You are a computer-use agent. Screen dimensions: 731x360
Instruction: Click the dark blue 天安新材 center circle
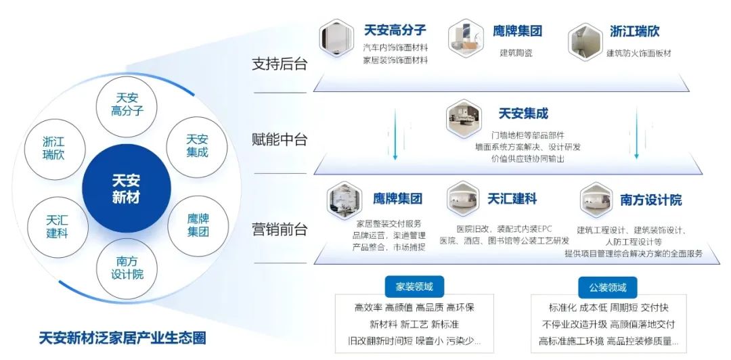coord(127,188)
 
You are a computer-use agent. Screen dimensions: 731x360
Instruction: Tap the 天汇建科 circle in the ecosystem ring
coord(58,227)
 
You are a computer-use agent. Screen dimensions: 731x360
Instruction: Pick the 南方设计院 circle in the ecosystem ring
coord(127,269)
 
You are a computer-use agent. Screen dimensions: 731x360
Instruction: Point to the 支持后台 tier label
coord(280,64)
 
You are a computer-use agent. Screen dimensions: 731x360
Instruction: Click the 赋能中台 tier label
coord(280,139)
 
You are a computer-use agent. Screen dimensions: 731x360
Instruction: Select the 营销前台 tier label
coord(280,229)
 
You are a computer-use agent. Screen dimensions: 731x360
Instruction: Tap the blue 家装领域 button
coord(414,286)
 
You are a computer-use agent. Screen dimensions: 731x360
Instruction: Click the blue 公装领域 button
coord(607,287)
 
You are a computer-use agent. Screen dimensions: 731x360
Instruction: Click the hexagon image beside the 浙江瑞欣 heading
coord(585,41)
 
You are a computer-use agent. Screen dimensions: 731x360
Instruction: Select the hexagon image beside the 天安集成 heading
coord(464,118)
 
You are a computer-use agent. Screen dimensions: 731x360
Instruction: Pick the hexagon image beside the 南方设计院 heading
coord(596,200)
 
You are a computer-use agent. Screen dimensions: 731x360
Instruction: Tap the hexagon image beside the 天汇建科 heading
coord(463,200)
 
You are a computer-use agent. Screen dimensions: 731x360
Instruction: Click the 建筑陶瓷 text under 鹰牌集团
coord(516,53)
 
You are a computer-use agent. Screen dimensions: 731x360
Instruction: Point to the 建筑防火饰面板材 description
coord(639,53)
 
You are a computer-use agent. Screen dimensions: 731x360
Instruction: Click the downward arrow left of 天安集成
coord(395,134)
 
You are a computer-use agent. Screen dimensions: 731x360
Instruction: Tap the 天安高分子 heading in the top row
coord(395,30)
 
